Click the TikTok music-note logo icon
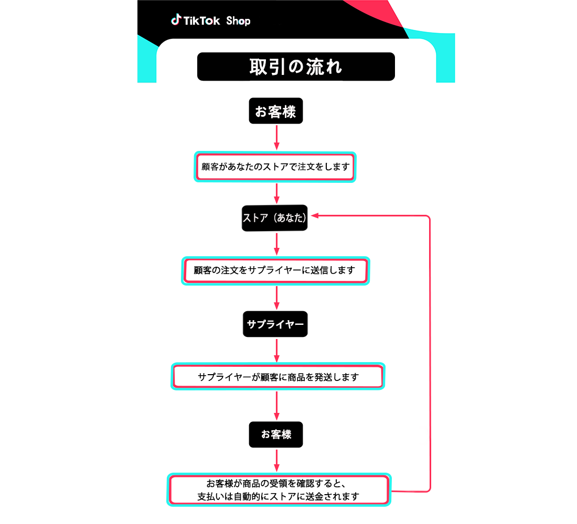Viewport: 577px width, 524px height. point(176,19)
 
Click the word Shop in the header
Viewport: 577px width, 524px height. point(238,21)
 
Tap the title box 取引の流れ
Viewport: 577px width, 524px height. point(296,67)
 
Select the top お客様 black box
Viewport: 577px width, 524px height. point(275,111)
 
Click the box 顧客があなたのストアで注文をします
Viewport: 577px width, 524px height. point(275,167)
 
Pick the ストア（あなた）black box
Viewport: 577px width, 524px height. point(274,217)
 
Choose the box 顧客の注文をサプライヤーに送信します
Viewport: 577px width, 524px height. point(275,270)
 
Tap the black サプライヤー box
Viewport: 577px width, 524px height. point(275,324)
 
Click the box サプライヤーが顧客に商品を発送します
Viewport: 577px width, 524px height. point(278,377)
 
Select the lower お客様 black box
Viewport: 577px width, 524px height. point(275,434)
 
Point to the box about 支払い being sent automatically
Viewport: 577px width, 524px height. point(279,490)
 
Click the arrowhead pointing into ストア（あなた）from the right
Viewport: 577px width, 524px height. point(315,216)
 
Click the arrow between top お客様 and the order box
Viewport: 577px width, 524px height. point(277,137)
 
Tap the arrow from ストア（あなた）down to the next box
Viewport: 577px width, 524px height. point(277,244)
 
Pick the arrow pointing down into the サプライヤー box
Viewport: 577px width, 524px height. point(277,298)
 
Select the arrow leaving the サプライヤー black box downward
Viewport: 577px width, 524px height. point(277,351)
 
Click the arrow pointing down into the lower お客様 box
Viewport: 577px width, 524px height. point(277,406)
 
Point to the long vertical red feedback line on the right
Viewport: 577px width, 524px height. point(430,353)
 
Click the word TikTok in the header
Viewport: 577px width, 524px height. point(201,20)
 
